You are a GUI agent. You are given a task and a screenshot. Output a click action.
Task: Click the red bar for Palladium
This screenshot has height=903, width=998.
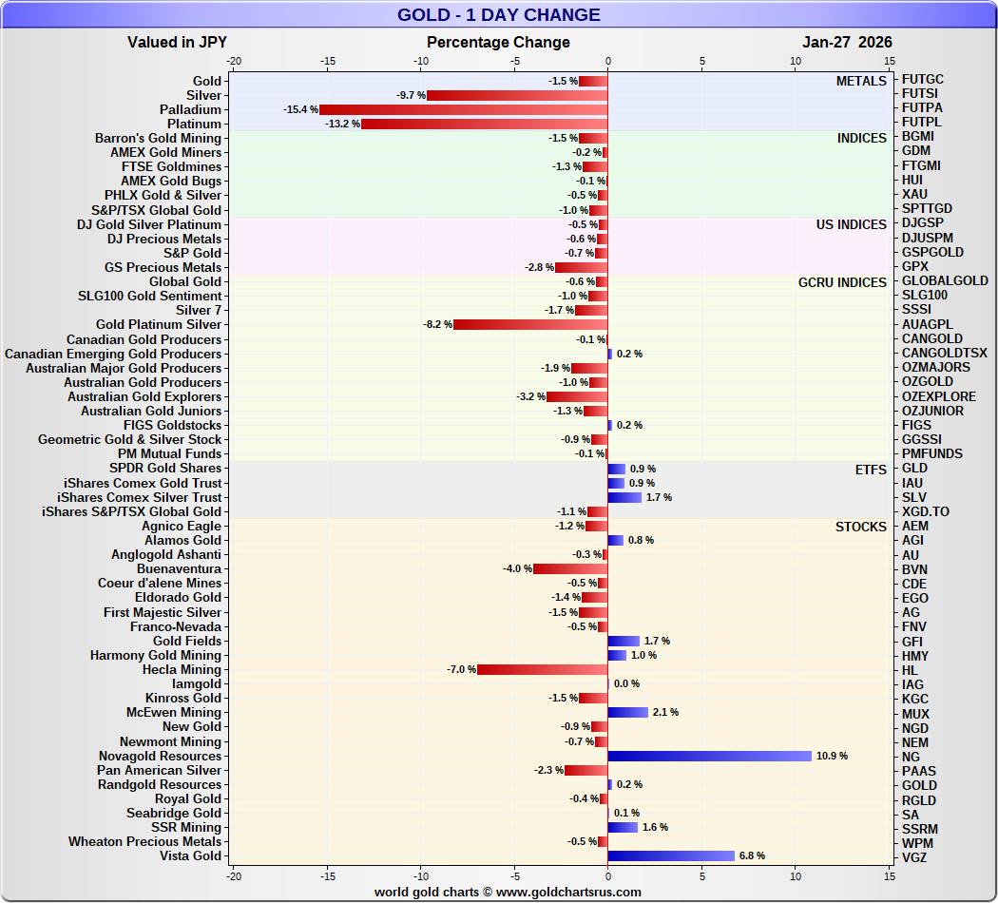tap(463, 110)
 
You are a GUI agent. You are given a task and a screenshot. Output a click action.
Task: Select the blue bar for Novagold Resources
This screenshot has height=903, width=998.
tap(709, 756)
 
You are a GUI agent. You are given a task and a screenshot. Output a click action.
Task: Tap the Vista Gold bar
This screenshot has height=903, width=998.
tap(671, 855)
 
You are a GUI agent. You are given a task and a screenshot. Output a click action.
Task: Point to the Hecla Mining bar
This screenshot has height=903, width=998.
tap(542, 670)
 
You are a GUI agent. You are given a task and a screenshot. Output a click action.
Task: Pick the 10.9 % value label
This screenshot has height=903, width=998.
tap(832, 757)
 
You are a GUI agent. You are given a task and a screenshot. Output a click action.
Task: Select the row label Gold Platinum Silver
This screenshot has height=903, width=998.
tap(158, 325)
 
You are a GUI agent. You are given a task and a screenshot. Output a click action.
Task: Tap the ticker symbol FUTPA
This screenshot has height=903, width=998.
tap(922, 108)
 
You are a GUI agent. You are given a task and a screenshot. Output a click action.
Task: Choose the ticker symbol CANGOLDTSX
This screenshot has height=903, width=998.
tap(944, 354)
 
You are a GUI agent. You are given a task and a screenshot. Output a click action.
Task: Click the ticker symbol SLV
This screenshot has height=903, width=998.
tap(913, 497)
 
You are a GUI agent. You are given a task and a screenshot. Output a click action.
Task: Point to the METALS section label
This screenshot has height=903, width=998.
tap(860, 82)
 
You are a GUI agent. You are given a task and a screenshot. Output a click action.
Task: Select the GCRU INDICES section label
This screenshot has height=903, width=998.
tap(842, 282)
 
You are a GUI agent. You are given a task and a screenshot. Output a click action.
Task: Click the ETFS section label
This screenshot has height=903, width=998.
tap(870, 469)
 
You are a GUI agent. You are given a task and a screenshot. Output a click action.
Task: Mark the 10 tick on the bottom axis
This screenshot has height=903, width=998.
tap(796, 875)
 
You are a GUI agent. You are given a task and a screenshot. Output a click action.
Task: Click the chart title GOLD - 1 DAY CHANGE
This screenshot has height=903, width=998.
tap(498, 15)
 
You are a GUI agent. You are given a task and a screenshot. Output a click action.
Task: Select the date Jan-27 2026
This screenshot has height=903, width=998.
tap(847, 42)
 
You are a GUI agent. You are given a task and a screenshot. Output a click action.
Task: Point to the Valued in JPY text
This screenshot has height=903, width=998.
tap(177, 42)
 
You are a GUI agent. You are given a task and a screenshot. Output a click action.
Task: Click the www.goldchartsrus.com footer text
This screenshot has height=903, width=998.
tap(507, 892)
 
